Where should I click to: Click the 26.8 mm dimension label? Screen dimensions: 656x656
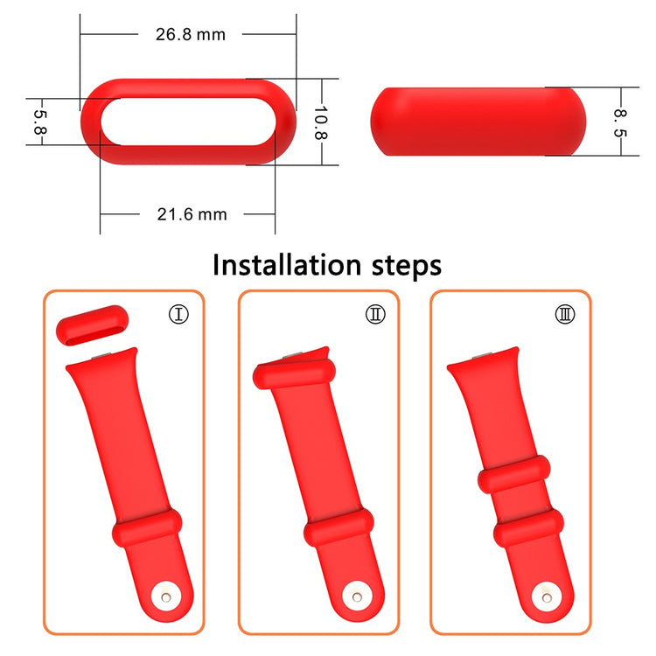click(189, 34)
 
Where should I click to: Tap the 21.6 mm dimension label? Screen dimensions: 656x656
click(190, 214)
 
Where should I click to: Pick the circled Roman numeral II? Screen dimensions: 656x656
click(375, 313)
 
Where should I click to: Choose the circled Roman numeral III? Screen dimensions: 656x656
click(566, 313)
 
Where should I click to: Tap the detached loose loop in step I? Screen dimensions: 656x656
click(92, 325)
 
